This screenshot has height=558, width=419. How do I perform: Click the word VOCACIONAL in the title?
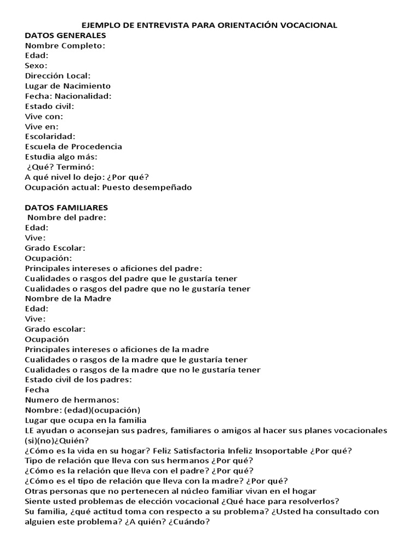pyautogui.click(x=310, y=25)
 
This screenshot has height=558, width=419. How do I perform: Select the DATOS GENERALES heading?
pyautogui.click(x=65, y=35)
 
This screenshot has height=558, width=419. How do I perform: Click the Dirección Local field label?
pyautogui.click(x=58, y=76)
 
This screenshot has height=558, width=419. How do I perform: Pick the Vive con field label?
pyautogui.click(x=44, y=116)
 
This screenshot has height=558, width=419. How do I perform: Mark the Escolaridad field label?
pyautogui.click(x=50, y=136)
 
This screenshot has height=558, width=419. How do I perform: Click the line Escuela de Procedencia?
pyautogui.click(x=74, y=147)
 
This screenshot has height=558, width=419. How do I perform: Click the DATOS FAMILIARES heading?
pyautogui.click(x=67, y=208)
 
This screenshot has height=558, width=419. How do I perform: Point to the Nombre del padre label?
pyautogui.click(x=67, y=217)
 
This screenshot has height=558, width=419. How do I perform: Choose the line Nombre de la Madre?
pyautogui.click(x=68, y=299)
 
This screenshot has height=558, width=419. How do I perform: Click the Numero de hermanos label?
pyautogui.click(x=72, y=400)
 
